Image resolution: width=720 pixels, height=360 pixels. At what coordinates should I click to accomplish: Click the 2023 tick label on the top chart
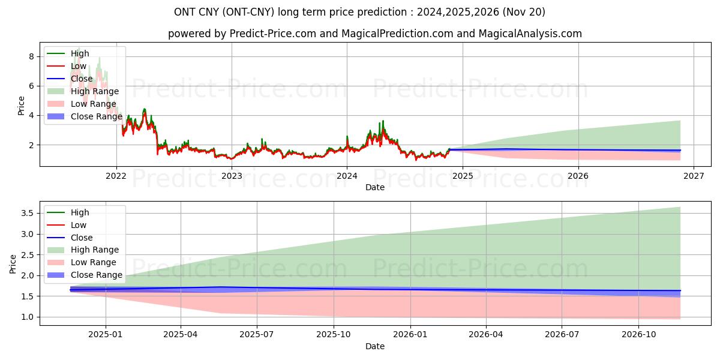point(232,176)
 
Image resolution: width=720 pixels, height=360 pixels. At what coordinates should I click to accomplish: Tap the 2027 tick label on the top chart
point(694,176)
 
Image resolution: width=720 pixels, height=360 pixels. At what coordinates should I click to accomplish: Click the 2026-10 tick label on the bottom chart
point(638,335)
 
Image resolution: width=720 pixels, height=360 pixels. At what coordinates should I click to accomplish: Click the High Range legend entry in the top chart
point(95,91)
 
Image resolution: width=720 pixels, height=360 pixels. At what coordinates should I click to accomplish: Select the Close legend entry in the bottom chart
point(82,238)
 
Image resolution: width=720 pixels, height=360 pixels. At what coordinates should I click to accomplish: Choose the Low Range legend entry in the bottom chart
point(94,262)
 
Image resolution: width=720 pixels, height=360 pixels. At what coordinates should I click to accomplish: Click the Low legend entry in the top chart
point(79,66)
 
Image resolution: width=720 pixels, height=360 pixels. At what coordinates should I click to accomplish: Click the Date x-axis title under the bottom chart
point(375,346)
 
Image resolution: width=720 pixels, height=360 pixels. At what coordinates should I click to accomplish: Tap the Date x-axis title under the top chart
point(375,187)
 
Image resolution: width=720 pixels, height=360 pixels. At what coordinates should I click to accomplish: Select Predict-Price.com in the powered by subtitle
point(273,34)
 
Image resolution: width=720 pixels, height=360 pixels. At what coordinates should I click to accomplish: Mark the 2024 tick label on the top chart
point(347,176)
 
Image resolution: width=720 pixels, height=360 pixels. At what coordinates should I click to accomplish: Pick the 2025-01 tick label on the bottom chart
point(106,335)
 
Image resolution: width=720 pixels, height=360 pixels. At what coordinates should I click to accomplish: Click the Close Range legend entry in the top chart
point(96,116)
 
